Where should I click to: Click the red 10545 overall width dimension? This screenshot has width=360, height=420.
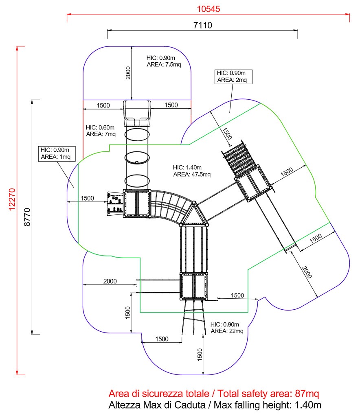click(209, 9)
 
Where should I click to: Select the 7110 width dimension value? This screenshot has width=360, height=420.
click(202, 26)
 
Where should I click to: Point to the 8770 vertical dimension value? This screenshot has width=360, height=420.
click(27, 217)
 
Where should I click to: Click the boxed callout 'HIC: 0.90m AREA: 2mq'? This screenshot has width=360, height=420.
click(233, 77)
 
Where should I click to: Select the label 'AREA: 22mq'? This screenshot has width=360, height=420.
click(227, 331)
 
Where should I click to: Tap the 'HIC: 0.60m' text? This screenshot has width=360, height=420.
click(100, 127)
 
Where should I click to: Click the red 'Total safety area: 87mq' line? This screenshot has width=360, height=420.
click(214, 394)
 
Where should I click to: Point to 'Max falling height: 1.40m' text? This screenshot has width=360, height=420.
click(215, 405)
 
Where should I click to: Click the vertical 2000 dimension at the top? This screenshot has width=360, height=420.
click(128, 72)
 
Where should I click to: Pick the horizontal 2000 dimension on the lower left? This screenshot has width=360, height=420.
click(110, 281)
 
